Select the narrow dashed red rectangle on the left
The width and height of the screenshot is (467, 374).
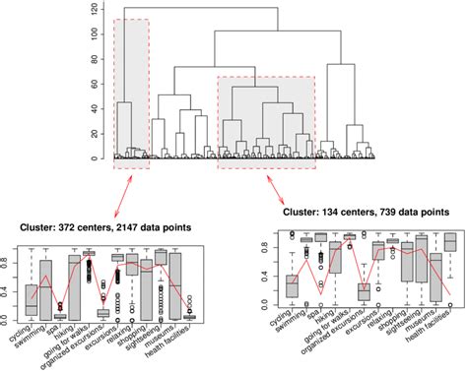(x=131, y=93)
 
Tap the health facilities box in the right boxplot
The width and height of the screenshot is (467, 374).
(x=450, y=241)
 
